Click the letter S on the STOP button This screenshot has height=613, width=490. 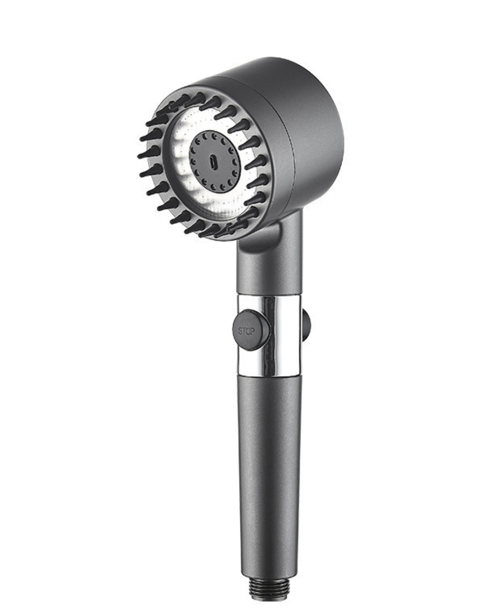[x=240, y=331]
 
